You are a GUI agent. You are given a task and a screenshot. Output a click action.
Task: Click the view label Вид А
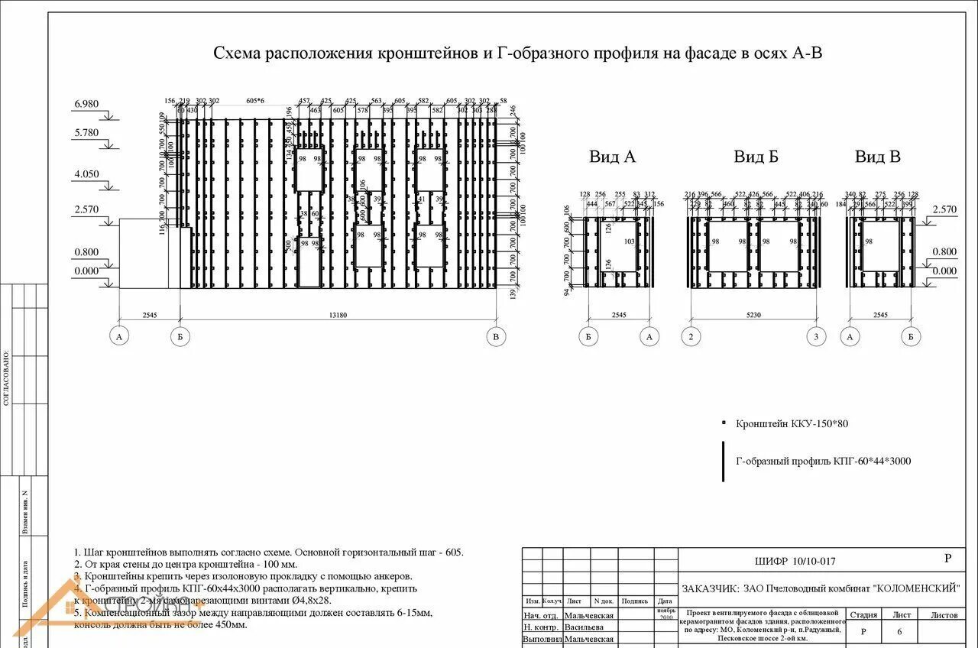point(612,157)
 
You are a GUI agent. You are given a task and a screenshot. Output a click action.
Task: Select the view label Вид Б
point(756,157)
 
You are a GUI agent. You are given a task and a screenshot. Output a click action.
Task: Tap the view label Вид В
point(877,157)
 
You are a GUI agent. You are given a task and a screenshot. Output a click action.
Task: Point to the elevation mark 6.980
point(86,104)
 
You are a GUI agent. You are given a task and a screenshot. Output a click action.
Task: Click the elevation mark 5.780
point(86,133)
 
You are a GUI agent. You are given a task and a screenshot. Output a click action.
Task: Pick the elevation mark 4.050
point(86,174)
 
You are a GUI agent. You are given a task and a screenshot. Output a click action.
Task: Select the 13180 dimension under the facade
point(338,314)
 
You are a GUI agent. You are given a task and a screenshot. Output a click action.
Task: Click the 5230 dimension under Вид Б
point(754,314)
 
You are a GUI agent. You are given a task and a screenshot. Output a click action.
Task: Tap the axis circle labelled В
point(496,336)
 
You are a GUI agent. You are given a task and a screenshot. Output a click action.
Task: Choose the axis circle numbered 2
point(691,336)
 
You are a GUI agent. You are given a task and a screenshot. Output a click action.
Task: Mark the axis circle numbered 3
point(817,336)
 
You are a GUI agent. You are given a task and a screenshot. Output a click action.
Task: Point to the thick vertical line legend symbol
point(723,461)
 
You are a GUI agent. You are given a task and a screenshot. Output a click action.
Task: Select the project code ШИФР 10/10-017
point(795,562)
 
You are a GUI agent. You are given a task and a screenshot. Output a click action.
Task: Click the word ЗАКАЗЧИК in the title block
point(709,588)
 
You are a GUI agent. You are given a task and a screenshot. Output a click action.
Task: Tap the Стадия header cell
point(863,614)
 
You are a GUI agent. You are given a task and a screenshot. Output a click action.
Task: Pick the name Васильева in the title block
point(589,627)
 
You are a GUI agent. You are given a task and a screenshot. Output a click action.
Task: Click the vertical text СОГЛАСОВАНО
point(7,378)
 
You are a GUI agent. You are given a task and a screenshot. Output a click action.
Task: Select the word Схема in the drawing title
point(237,53)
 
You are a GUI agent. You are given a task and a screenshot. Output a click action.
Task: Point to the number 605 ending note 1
point(454,552)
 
